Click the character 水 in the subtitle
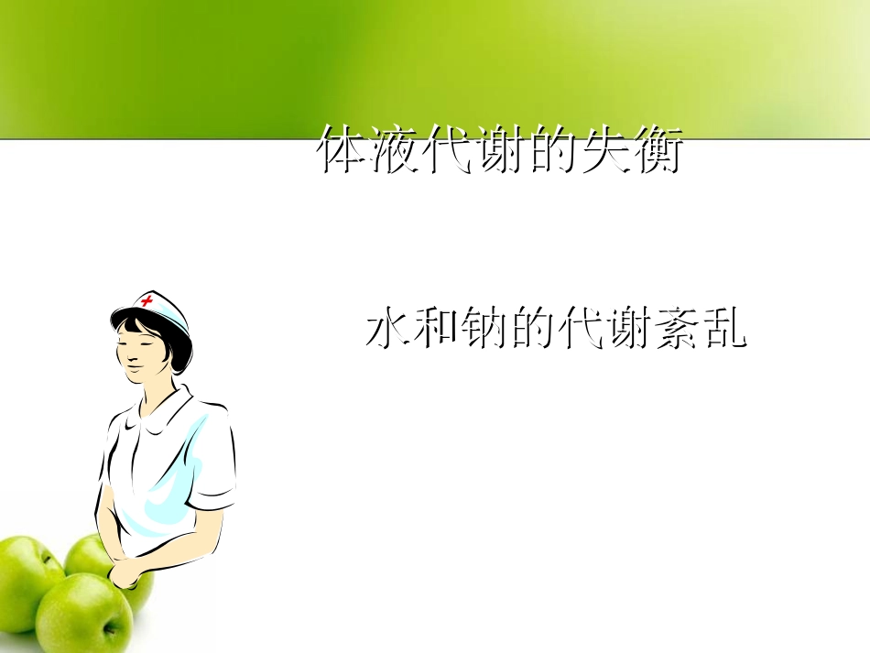click(387, 331)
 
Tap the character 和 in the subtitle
click(436, 331)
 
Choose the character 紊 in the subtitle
click(676, 331)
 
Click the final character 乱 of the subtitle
click(724, 331)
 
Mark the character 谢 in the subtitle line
click(628, 331)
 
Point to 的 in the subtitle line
click(532, 331)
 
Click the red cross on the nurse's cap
click(147, 301)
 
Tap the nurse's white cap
click(163, 308)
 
